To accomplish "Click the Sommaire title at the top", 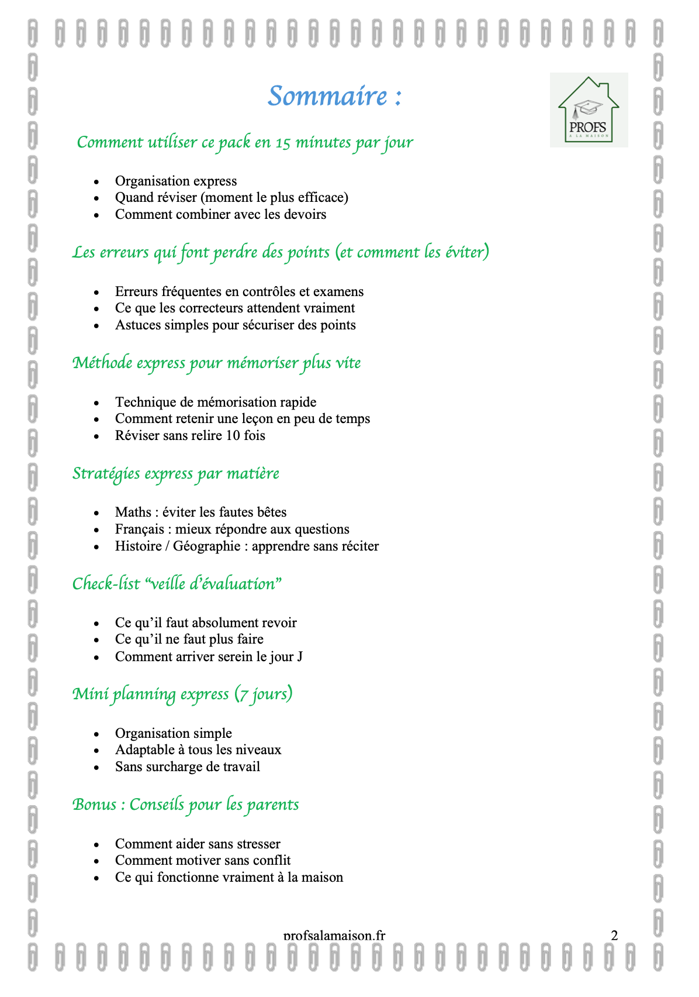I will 334,96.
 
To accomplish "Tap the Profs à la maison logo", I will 589,110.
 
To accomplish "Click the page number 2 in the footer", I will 614,935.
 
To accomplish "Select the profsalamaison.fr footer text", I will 334,935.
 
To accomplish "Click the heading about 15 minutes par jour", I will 245,142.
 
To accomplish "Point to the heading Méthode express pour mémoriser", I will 216,363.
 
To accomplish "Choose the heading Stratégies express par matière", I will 175,473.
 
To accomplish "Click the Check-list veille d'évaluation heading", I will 177,584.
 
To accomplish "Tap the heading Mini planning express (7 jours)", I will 182,694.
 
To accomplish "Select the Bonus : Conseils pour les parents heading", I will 185,805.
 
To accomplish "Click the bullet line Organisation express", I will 176,181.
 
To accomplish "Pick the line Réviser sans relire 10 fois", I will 190,436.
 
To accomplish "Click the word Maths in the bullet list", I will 133,513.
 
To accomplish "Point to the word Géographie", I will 206,546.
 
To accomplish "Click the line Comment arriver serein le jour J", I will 209,656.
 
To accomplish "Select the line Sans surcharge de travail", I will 188,767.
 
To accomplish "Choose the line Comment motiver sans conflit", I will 203,861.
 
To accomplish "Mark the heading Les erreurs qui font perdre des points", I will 281,252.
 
